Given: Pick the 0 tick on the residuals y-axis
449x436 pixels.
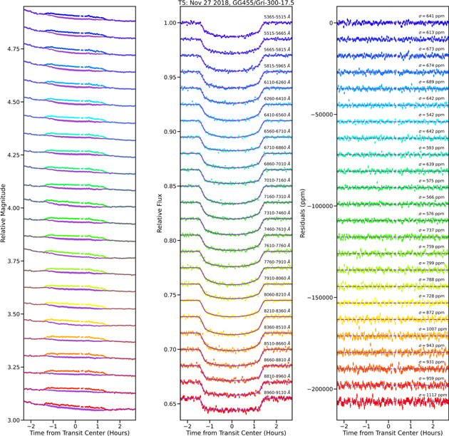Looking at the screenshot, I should [x=331, y=23].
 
